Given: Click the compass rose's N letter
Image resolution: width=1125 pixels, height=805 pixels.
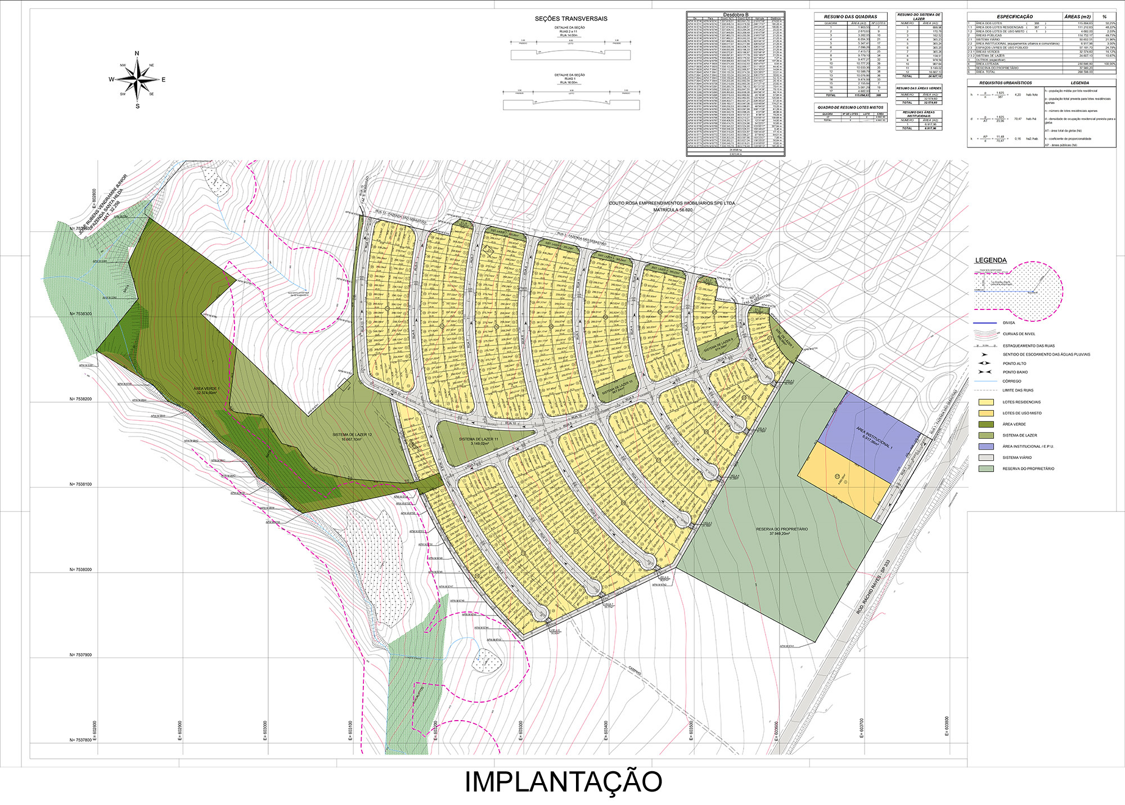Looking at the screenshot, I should tap(137, 53).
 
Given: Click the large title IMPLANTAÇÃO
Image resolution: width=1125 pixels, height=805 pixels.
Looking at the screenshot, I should tap(563, 781).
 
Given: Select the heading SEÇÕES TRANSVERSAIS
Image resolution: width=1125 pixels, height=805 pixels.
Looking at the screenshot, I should tap(571, 19).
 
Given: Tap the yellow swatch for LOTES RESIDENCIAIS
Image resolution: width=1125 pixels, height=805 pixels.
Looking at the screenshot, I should tap(985, 402).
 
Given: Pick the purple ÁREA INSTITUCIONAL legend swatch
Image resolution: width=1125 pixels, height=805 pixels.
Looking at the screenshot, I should tap(985, 447).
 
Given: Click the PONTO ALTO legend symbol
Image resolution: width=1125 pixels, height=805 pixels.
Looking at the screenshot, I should tap(984, 363).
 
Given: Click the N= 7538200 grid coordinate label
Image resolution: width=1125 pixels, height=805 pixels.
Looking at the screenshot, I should tap(80, 399).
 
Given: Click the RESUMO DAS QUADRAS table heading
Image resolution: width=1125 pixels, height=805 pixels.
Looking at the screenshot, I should tap(850, 17).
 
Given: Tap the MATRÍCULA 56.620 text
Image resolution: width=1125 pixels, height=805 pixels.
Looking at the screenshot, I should tap(672, 210).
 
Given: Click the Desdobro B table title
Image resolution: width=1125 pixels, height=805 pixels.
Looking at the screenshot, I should tap(735, 14).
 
